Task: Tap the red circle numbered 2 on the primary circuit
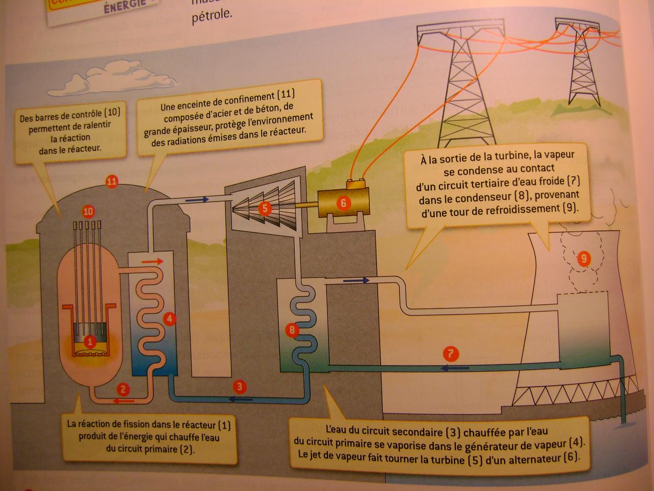pyautogui.click(x=123, y=389)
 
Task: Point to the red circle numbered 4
pyautogui.click(x=170, y=319)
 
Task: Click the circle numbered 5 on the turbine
pyautogui.click(x=265, y=208)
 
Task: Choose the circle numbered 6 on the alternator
pyautogui.click(x=343, y=203)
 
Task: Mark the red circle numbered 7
pyautogui.click(x=450, y=353)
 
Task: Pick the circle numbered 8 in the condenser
pyautogui.click(x=292, y=330)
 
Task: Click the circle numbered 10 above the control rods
pyautogui.click(x=88, y=211)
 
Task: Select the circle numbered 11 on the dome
pyautogui.click(x=111, y=181)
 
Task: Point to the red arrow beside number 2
pyautogui.click(x=124, y=400)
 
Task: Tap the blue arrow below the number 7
pyautogui.click(x=455, y=368)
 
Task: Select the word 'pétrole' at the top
pyautogui.click(x=212, y=15)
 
